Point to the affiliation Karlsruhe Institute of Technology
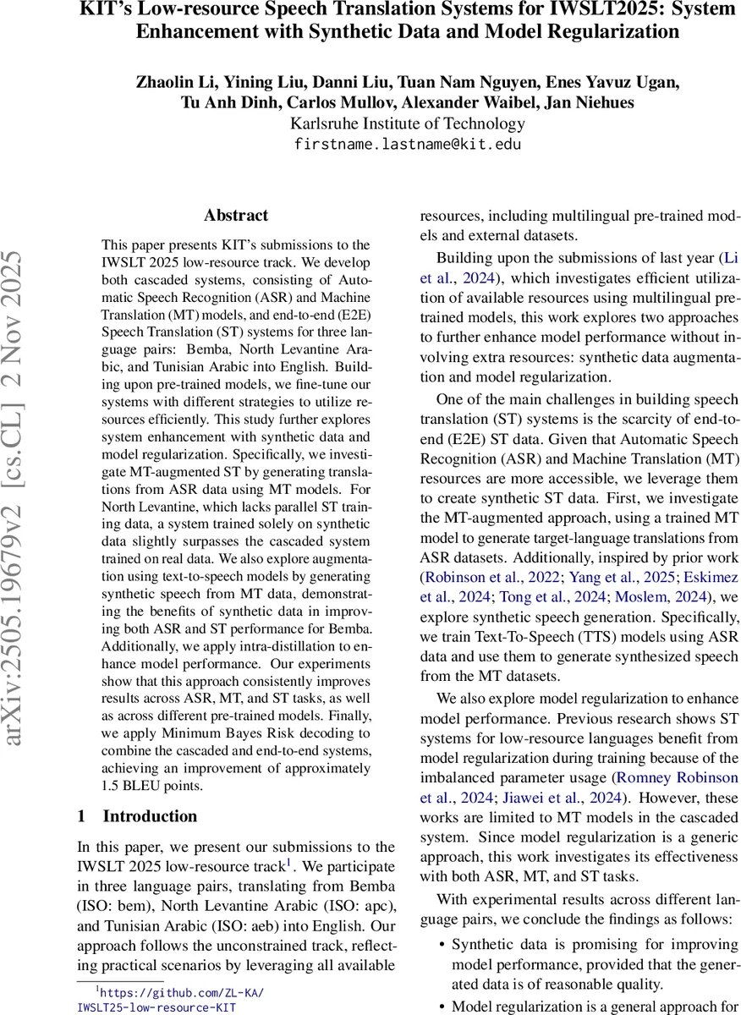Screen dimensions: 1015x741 (x=408, y=123)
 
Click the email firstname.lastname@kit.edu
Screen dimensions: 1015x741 (x=408, y=144)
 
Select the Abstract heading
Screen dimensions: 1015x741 (x=236, y=216)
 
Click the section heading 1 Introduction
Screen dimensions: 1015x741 (x=137, y=816)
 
